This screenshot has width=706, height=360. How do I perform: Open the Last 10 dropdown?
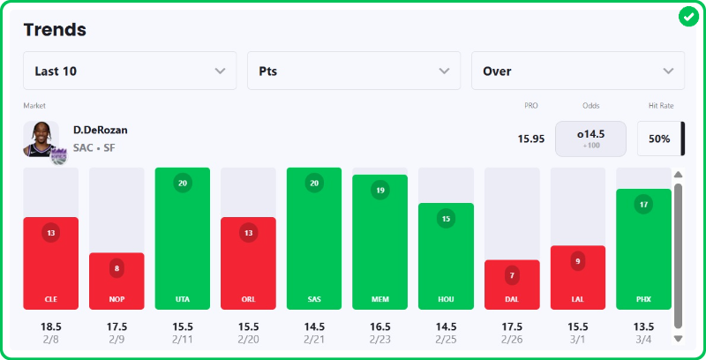point(130,71)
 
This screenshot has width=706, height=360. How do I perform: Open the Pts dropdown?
point(353,71)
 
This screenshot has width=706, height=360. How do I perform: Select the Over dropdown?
point(577,71)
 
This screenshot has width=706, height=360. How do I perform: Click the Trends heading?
point(55,29)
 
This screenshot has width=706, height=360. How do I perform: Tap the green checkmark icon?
point(688,17)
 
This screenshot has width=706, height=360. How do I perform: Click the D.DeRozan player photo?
point(41,139)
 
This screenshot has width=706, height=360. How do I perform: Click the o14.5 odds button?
point(590,139)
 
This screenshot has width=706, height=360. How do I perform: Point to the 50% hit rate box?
point(658,139)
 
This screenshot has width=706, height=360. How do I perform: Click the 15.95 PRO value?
point(530,139)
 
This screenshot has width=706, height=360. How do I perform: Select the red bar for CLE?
point(51,263)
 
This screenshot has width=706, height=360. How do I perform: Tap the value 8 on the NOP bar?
point(116,268)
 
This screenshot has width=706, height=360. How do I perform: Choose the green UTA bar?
point(182,238)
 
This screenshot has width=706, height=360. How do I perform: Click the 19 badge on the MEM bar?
point(379,190)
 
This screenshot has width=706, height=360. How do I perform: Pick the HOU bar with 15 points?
point(446,256)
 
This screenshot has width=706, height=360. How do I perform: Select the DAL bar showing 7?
point(512,284)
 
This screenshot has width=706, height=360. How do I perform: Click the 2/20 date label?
point(248,339)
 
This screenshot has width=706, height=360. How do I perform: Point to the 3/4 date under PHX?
point(643,339)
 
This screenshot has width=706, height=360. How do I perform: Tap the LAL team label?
point(578,300)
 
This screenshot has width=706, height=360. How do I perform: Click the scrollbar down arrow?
point(678,337)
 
